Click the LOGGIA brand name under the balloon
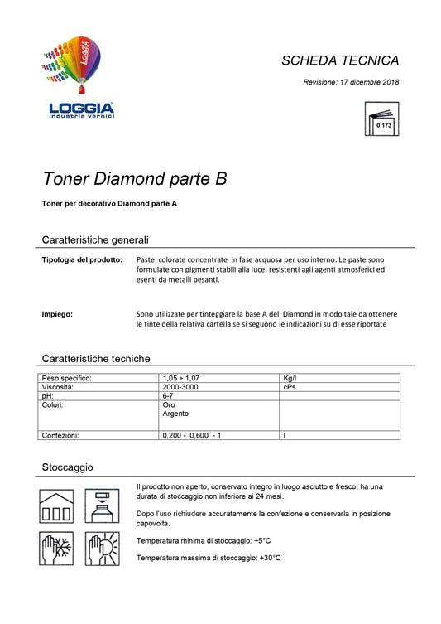click(x=81, y=108)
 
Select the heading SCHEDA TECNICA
click(x=340, y=60)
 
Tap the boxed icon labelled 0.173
click(x=381, y=119)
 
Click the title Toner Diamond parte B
click(x=134, y=179)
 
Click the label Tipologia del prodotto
click(x=82, y=260)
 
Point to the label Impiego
click(x=57, y=314)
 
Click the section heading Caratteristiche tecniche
click(x=96, y=359)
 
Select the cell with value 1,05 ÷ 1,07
click(x=181, y=378)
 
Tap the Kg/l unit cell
click(x=290, y=378)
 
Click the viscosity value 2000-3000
click(x=181, y=387)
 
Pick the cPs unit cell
click(x=289, y=387)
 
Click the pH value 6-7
click(x=169, y=396)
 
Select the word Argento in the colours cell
click(x=175, y=414)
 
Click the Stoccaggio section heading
click(x=67, y=467)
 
